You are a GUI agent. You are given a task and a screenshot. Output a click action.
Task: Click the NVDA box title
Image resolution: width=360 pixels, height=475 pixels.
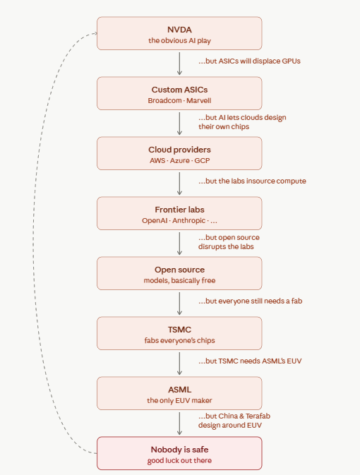tap(179, 30)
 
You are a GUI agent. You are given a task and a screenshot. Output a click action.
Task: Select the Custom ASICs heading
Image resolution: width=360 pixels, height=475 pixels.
tap(179, 90)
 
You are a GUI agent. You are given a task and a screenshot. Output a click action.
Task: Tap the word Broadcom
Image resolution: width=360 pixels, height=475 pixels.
tap(164, 100)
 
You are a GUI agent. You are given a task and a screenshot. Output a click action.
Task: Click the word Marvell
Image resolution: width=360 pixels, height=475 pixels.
tap(199, 100)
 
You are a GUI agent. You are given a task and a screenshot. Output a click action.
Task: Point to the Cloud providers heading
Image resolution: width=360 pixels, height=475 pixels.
tap(179, 150)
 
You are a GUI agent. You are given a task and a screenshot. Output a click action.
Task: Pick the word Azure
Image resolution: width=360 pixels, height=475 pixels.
tap(180, 160)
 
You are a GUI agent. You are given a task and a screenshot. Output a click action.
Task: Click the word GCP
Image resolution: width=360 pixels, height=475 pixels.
tap(202, 160)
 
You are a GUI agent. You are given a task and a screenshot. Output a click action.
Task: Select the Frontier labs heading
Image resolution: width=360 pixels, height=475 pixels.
tap(179, 210)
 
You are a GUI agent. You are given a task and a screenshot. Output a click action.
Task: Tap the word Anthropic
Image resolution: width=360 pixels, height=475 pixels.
tap(188, 220)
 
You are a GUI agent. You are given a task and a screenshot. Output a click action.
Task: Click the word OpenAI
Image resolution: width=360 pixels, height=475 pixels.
tap(155, 220)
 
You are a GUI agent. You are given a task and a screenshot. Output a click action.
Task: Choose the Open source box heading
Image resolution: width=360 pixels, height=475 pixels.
tap(179, 270)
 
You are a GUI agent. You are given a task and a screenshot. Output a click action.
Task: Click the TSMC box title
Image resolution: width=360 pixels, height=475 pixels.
tap(179, 330)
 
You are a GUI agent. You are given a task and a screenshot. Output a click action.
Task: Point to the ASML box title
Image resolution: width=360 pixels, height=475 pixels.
tap(179, 390)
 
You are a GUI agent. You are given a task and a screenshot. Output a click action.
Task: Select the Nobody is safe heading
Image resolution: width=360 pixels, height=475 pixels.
tap(179, 450)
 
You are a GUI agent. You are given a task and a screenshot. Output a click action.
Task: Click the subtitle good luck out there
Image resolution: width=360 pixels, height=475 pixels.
tap(179, 460)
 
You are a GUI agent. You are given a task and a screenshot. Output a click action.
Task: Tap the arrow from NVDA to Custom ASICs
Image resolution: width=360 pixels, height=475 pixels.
tap(179, 64)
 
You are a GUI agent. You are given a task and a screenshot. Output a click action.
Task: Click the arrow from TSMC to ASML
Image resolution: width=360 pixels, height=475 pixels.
tap(179, 363)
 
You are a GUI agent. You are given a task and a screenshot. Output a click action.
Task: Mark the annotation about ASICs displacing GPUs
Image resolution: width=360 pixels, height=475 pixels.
tap(249, 61)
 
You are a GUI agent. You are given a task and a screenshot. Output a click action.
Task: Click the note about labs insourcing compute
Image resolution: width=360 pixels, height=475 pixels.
tap(252, 181)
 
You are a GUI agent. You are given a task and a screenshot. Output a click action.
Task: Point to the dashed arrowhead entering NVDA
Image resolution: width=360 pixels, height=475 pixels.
tap(95, 33)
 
